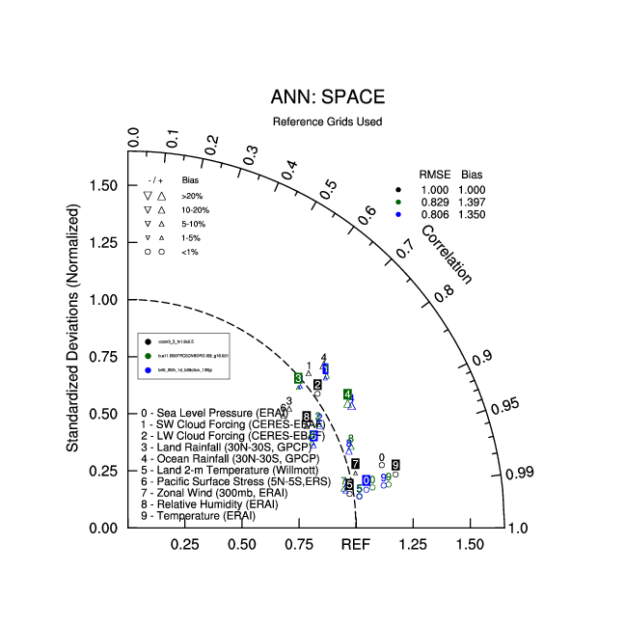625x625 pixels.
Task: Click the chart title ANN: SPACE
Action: click(x=327, y=97)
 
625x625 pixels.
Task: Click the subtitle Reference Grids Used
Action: click(x=327, y=122)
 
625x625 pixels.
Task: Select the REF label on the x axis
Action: click(x=356, y=545)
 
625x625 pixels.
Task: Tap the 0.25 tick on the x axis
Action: click(x=184, y=545)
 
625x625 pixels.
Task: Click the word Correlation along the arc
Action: click(x=447, y=255)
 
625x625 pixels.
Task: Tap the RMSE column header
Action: click(x=433, y=174)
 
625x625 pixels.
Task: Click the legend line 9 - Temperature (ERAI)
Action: click(x=199, y=516)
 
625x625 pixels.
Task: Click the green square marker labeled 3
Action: click(x=299, y=378)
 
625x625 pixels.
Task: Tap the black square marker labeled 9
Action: click(x=395, y=466)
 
